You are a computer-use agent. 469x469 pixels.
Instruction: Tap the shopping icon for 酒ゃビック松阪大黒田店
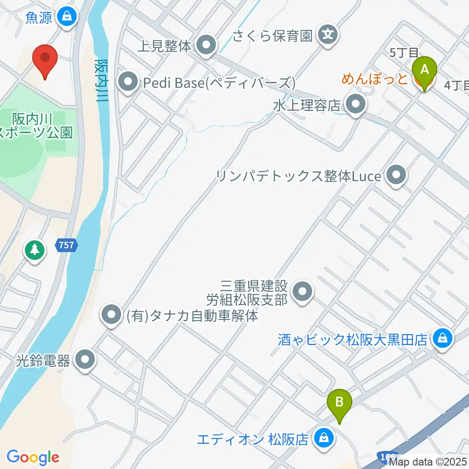(443, 338)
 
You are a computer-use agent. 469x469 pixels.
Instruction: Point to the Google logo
(33, 458)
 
